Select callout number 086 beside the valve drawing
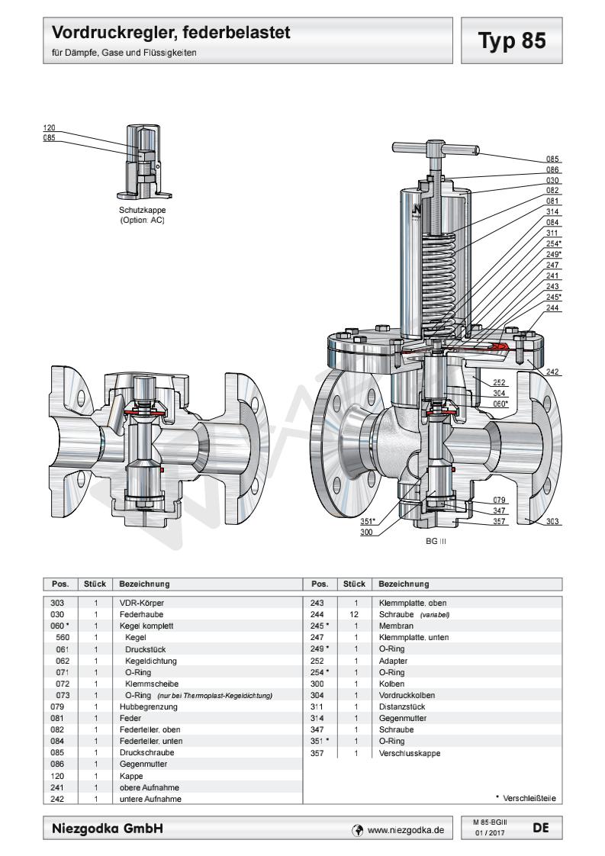552,169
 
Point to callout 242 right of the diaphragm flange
552,372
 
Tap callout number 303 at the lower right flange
552,522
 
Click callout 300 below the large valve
366,533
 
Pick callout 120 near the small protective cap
49,128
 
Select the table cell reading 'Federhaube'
138,613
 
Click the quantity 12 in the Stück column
355,613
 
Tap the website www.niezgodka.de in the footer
405,827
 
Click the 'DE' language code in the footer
539,826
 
